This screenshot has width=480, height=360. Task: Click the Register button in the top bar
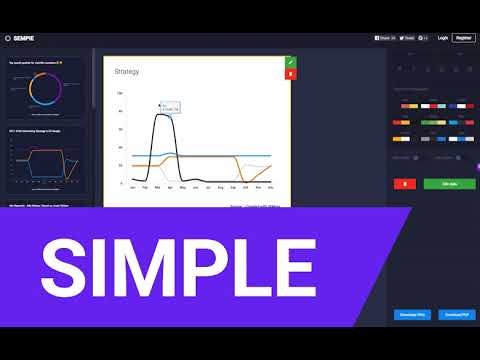pyautogui.click(x=463, y=37)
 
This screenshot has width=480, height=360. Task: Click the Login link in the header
pyautogui.click(x=442, y=37)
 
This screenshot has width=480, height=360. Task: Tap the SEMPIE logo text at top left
pyautogui.click(x=26, y=38)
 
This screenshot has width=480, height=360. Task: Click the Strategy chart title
pyautogui.click(x=128, y=72)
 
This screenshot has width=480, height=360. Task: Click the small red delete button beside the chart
pyautogui.click(x=290, y=74)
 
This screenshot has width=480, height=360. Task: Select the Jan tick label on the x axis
pyautogui.click(x=132, y=187)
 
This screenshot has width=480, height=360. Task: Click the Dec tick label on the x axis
pyautogui.click(x=272, y=187)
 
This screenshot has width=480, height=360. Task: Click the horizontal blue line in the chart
pyautogui.click(x=220, y=157)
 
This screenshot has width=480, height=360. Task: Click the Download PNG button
pyautogui.click(x=412, y=313)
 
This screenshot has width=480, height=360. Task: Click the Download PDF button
pyautogui.click(x=456, y=313)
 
